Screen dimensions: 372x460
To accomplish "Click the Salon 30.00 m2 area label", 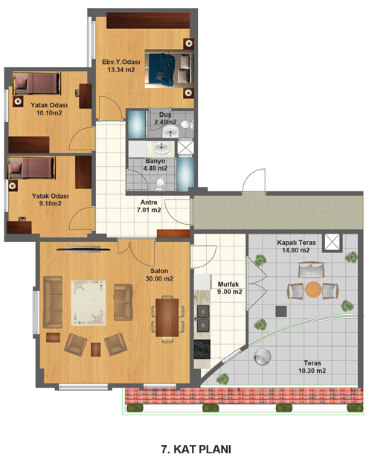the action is click(159, 275).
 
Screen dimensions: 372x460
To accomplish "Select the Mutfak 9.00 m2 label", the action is click(230, 288).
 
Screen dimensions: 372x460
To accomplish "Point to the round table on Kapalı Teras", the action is click(313, 290).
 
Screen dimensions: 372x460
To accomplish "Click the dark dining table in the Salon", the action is click(167, 317).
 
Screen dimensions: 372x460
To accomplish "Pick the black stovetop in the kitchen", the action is click(202, 349).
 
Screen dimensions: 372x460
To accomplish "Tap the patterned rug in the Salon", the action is click(89, 303).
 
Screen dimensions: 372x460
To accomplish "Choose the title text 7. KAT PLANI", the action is click(196, 449).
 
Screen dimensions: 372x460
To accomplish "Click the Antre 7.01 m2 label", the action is click(149, 206).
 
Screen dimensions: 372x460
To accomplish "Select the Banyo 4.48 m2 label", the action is click(155, 164).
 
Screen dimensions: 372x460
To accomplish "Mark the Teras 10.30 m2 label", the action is click(312, 367).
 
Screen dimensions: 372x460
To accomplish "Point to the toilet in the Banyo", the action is click(160, 185).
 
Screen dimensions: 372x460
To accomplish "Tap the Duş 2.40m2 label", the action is click(165, 118).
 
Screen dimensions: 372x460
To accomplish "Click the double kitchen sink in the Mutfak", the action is click(203, 319).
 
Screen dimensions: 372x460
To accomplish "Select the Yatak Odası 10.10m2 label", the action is click(49, 109).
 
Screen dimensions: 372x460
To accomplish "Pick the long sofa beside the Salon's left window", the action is click(53, 302).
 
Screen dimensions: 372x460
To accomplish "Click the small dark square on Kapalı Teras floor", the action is click(280, 311).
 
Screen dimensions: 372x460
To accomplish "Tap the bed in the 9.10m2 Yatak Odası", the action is click(32, 168).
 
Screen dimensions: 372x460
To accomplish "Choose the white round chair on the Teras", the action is click(263, 357).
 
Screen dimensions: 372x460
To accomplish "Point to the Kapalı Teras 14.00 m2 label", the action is click(296, 246).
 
